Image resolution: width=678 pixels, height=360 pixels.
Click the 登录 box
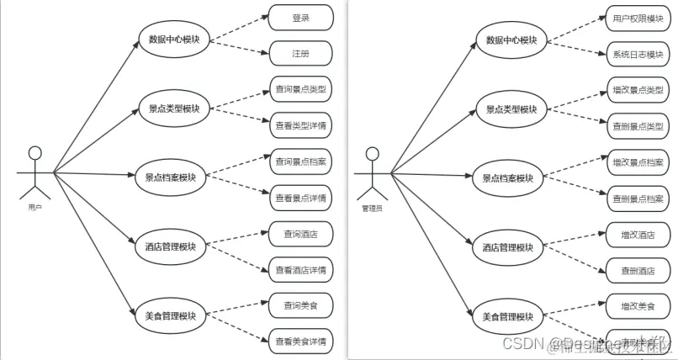[300, 17]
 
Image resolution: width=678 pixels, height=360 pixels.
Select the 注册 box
[300, 54]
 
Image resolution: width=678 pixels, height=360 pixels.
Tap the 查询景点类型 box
[300, 88]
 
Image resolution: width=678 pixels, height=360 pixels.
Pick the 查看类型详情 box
[300, 124]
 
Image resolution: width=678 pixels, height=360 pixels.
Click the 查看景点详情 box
[300, 198]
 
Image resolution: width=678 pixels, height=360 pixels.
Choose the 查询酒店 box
[300, 232]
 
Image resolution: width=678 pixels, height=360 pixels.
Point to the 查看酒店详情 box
[300, 269]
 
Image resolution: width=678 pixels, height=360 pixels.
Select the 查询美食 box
[300, 304]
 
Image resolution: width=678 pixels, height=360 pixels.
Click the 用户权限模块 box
[637, 18]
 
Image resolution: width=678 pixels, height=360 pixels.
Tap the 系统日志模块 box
[637, 55]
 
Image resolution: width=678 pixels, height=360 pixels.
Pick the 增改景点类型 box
[637, 90]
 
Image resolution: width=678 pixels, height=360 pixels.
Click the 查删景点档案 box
[637, 199]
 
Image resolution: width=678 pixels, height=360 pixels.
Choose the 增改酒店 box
[637, 235]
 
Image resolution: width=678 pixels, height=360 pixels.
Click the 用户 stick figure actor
[34, 172]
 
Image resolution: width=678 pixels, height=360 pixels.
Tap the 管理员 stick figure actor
[371, 174]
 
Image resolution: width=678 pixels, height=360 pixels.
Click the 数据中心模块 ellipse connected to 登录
[174, 40]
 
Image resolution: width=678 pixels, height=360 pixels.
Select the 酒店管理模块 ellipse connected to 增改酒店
[508, 247]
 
